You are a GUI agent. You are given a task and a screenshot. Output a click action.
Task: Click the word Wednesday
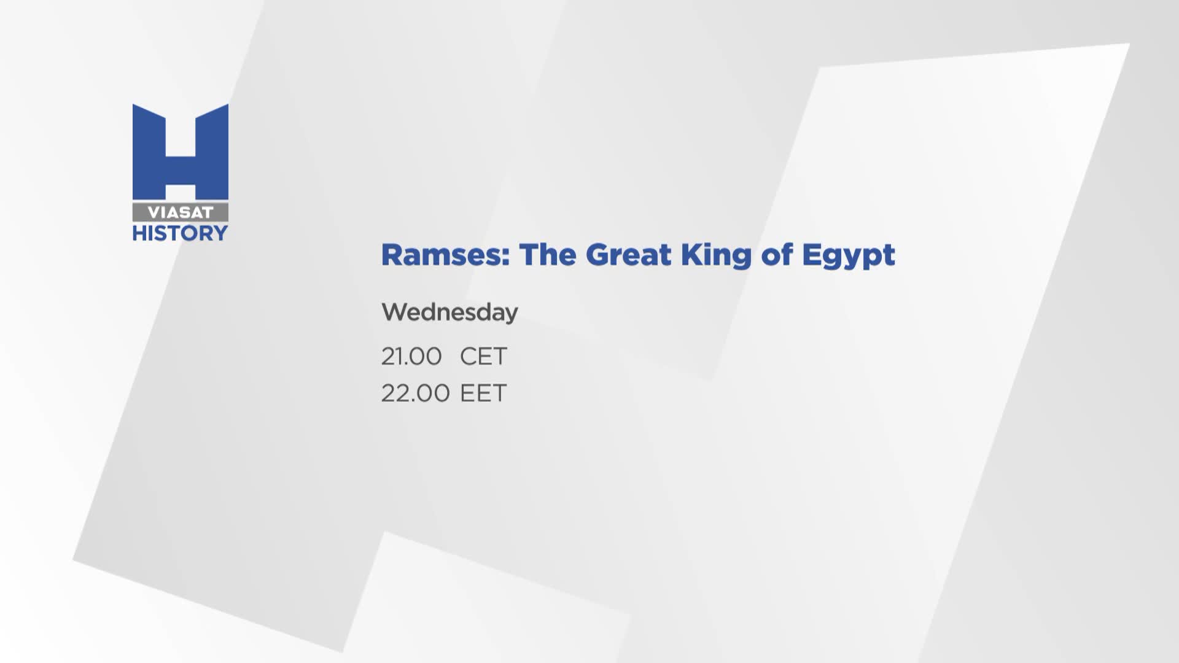(x=449, y=312)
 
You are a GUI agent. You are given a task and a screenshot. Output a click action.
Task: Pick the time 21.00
(x=411, y=356)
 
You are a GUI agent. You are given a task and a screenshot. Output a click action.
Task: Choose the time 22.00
(x=416, y=393)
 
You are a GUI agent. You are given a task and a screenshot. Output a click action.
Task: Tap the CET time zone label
(x=483, y=356)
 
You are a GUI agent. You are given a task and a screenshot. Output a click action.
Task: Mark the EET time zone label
(x=483, y=393)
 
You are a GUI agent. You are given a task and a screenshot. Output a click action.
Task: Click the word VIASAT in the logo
(x=181, y=212)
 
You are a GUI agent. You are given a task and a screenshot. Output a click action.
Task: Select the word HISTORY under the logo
(x=181, y=233)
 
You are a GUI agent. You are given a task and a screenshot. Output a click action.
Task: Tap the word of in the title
(x=777, y=254)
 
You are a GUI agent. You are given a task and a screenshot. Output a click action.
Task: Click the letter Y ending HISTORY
(x=220, y=233)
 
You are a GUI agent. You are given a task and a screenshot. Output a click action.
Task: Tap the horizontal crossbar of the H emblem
(x=181, y=170)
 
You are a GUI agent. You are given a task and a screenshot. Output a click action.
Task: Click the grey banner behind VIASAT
(x=181, y=212)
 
